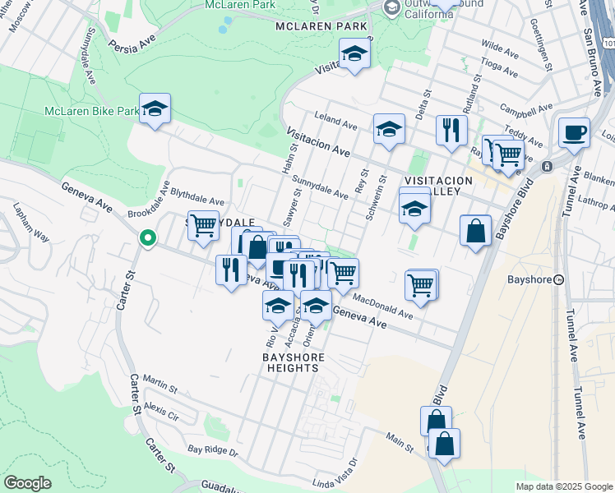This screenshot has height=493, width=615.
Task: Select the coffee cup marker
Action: (574, 131)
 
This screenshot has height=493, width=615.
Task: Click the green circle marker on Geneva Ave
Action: (148, 238)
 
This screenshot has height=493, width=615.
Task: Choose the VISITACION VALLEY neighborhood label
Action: (438, 187)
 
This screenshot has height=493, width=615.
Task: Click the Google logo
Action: (27, 483)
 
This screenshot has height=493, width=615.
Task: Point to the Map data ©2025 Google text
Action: (564, 486)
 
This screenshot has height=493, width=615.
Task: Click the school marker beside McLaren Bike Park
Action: (154, 109)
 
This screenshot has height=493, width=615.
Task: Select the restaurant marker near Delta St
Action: (451, 129)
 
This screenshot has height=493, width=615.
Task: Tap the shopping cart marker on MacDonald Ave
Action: (421, 284)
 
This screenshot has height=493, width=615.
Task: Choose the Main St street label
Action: (401, 444)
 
